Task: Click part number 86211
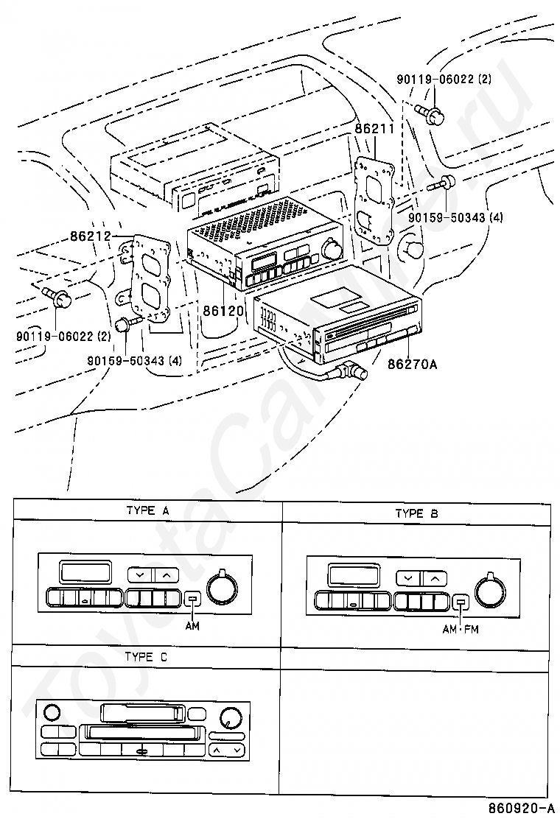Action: (374, 128)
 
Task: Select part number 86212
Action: (90, 236)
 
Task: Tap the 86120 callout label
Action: (223, 311)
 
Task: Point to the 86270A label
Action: (412, 364)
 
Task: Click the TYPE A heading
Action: (148, 510)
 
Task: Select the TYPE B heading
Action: (416, 513)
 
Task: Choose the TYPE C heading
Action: (147, 656)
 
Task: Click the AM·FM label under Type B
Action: (461, 630)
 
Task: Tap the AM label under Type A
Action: (192, 625)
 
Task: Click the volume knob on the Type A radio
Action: (222, 586)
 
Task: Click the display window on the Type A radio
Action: (85, 572)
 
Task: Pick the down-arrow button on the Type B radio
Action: (408, 578)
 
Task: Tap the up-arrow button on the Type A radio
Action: (167, 575)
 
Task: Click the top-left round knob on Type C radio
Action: (52, 712)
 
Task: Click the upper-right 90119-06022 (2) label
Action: (444, 80)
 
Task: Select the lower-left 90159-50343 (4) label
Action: (135, 360)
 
